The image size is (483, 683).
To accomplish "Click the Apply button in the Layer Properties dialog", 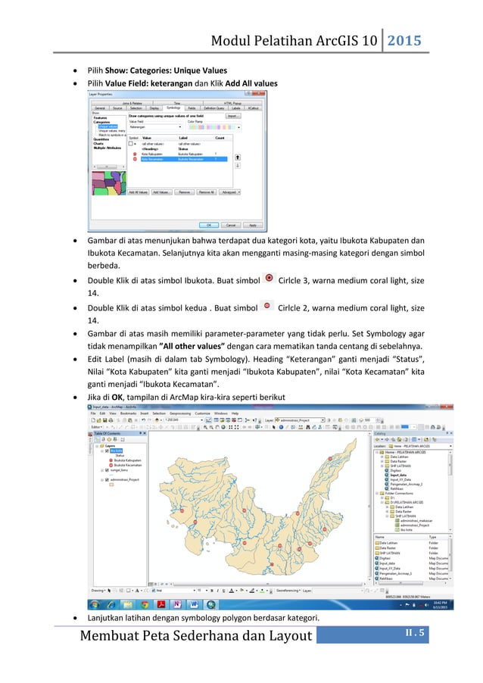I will point(253,225).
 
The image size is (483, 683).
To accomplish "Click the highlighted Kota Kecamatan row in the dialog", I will point(179,159).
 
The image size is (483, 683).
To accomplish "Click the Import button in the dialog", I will point(233,116).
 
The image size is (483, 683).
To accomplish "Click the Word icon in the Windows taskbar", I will point(194,604).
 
